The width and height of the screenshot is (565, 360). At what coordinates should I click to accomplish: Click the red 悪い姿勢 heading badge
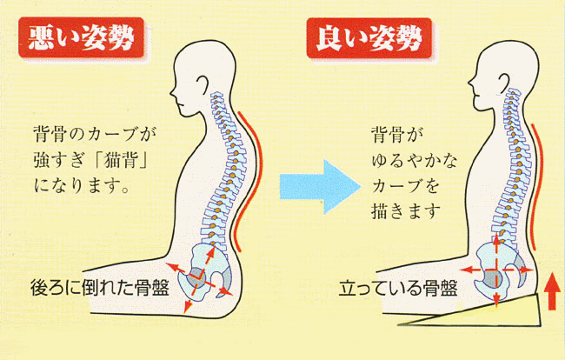[82, 37]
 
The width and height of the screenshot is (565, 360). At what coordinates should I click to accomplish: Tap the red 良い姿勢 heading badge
[369, 37]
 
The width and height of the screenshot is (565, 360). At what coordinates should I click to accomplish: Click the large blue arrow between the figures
[321, 187]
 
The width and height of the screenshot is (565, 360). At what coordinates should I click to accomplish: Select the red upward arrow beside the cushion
[551, 291]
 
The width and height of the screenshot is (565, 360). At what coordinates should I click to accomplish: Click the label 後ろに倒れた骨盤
[100, 288]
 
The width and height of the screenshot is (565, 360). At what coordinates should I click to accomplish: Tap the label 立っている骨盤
[398, 289]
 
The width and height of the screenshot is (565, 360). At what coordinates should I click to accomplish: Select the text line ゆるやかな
[414, 161]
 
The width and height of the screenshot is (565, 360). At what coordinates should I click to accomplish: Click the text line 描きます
[406, 211]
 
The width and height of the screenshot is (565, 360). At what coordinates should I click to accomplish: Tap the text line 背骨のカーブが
[95, 134]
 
